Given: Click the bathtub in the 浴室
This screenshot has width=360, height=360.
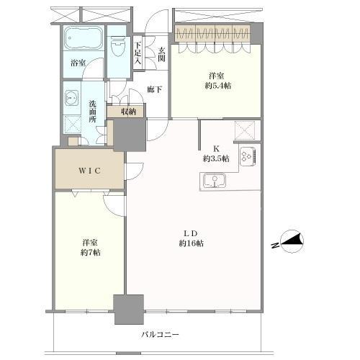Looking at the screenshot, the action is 84,38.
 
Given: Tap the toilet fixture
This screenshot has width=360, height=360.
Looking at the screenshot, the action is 119,46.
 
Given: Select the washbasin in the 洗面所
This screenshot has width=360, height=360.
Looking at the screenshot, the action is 72,98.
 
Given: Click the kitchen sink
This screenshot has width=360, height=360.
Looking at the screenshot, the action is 215,181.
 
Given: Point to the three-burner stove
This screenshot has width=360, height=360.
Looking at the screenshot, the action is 248,156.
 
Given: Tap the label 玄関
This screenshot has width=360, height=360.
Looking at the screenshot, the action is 162,54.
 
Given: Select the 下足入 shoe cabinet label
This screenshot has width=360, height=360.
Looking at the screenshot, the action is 138,53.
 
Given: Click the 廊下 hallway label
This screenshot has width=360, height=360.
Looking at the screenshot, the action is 154,89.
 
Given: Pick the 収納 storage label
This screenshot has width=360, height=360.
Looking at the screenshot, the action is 129,112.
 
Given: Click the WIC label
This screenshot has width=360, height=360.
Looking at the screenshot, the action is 89,171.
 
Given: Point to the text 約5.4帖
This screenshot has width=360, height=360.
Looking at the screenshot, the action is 218,86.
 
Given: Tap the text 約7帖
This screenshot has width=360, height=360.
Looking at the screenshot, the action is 91,253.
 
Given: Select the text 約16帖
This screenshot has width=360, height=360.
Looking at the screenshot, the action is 192,243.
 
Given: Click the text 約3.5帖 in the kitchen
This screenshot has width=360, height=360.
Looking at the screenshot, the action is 216,158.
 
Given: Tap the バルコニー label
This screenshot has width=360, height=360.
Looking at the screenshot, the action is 160,334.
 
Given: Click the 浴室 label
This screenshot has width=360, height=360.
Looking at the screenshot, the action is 78,63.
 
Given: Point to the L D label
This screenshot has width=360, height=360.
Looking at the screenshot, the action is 191,233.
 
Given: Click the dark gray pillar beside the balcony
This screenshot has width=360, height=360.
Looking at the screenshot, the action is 129,309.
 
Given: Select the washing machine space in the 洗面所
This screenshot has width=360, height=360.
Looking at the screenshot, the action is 72,125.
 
